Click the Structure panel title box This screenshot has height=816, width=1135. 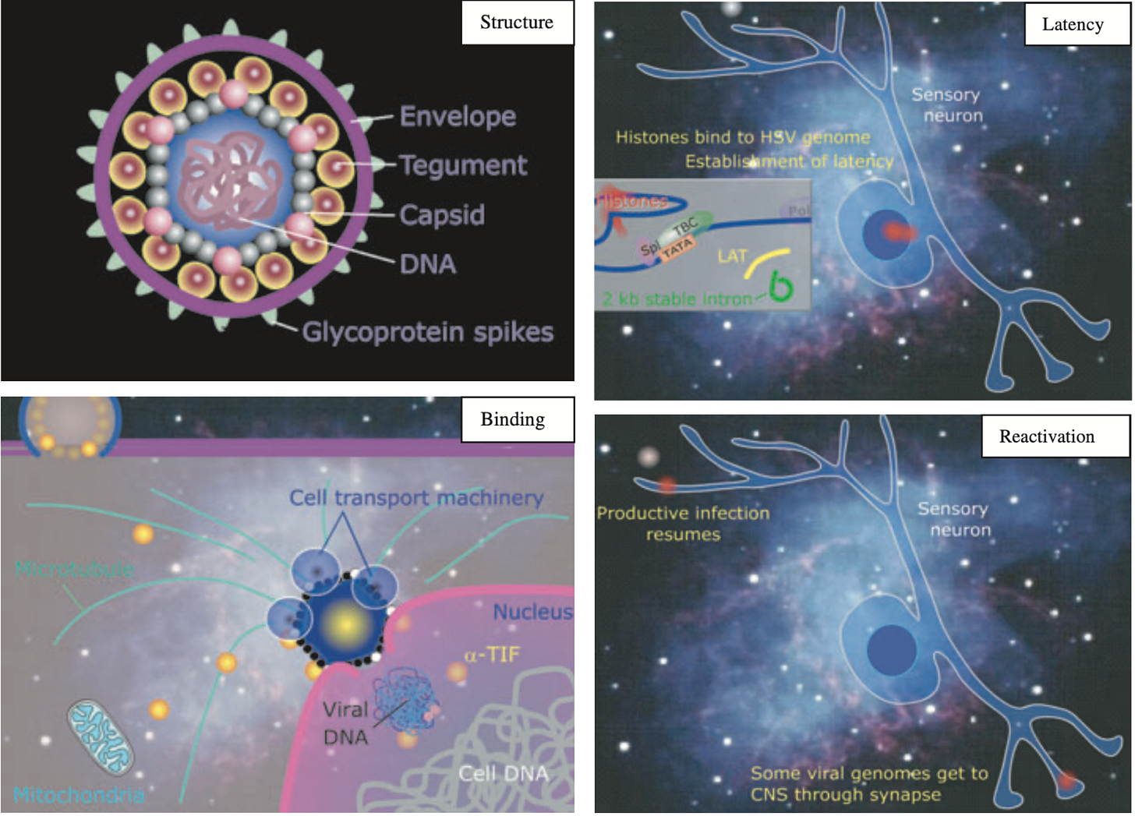tap(517, 23)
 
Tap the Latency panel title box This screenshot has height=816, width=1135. tap(1073, 25)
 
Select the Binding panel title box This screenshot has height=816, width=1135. tap(513, 419)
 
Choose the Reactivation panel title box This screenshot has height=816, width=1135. tap(1047, 436)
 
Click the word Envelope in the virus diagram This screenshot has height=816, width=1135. tap(458, 117)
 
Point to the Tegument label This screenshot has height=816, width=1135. tap(463, 165)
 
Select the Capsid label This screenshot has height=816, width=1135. tap(442, 214)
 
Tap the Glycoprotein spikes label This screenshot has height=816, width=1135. tap(428, 332)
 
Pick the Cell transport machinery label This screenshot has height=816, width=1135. tap(416, 497)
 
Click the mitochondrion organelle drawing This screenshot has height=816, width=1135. tap(101, 737)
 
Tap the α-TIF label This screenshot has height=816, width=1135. tap(492, 655)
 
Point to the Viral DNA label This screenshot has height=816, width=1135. tap(345, 723)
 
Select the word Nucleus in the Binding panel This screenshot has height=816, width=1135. tap(532, 612)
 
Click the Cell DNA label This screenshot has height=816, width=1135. tap(503, 773)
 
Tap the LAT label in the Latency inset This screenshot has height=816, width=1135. tap(732, 256)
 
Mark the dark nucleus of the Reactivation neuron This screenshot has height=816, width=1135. tap(891, 648)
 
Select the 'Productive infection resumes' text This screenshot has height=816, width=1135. tap(683, 524)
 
